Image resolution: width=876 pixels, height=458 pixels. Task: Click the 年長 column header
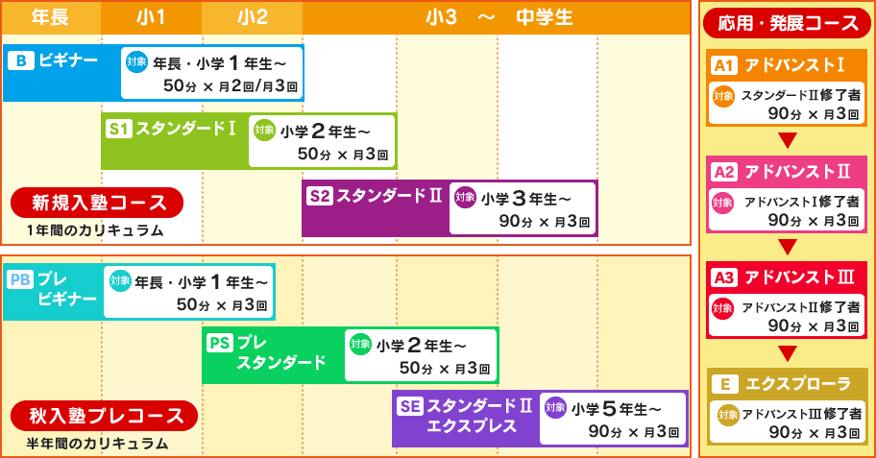[x=51, y=18]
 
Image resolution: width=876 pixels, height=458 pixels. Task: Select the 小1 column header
[x=152, y=18]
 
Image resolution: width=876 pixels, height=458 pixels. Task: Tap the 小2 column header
[x=252, y=18]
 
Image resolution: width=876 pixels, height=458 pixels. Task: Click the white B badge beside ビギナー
[x=21, y=60]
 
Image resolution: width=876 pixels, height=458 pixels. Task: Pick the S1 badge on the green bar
[x=118, y=129]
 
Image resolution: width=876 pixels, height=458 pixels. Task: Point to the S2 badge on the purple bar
[x=320, y=196]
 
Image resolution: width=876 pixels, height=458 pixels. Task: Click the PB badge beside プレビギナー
[x=21, y=279]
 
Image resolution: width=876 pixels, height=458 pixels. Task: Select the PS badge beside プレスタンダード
[x=220, y=343]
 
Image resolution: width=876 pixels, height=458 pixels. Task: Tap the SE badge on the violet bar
[x=410, y=406]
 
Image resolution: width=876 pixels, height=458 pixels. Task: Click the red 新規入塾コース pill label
[x=97, y=203]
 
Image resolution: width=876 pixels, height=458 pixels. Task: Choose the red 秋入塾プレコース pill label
[x=105, y=416]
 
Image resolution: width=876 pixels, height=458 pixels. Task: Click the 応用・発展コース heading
[x=788, y=23]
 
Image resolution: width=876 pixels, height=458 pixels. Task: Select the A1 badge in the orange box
[x=724, y=66]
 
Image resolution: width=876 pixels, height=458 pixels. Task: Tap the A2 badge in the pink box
[x=724, y=172]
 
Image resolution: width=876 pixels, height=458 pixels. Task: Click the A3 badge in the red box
[x=724, y=277]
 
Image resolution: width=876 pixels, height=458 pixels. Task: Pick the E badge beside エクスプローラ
[x=725, y=384]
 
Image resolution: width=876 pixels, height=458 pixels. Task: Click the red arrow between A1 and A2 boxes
[x=788, y=140]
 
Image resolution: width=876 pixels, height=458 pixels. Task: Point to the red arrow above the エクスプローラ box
[x=788, y=353]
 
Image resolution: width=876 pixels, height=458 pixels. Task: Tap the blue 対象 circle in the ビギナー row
[x=136, y=61]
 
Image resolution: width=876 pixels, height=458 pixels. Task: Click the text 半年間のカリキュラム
[x=97, y=444]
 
